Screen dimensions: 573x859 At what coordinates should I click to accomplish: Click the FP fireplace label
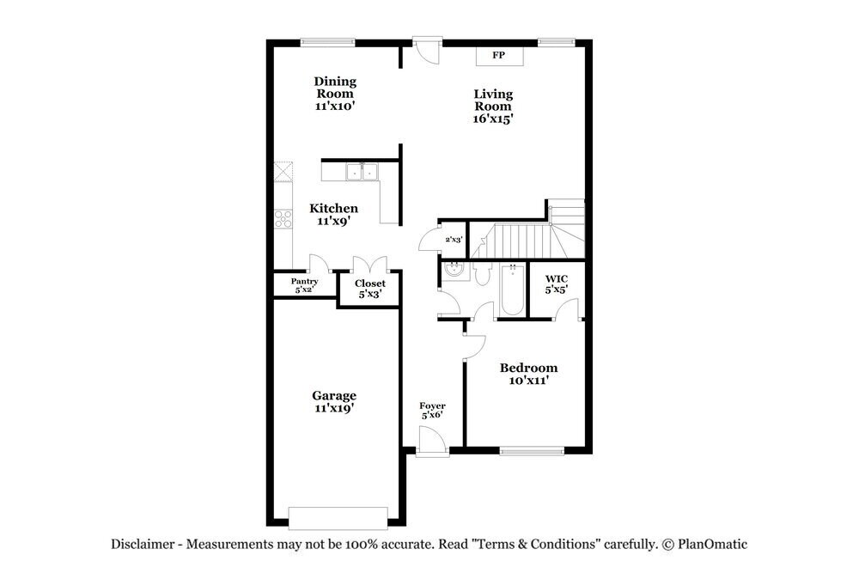(x=498, y=56)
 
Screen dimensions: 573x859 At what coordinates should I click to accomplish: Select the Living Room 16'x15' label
(x=492, y=107)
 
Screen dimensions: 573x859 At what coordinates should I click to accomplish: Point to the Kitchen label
(x=333, y=214)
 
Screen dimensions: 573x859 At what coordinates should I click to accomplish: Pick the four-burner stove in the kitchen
(x=283, y=219)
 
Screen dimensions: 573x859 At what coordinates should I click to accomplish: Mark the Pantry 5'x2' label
(x=304, y=285)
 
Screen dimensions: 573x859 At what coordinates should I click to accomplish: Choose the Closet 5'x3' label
(x=370, y=288)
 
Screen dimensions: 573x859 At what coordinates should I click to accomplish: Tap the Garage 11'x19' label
(x=333, y=401)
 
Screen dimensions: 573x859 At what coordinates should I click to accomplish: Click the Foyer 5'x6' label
(x=432, y=410)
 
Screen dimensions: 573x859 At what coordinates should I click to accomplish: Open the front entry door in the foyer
(x=431, y=442)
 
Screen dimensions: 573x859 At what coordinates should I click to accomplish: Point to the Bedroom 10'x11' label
(x=528, y=373)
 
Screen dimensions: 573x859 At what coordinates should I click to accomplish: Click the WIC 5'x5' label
(x=556, y=284)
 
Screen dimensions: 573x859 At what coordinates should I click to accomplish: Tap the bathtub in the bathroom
(x=511, y=291)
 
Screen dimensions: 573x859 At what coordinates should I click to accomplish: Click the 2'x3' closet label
(x=454, y=240)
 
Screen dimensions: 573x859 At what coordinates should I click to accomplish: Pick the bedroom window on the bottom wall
(x=532, y=449)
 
